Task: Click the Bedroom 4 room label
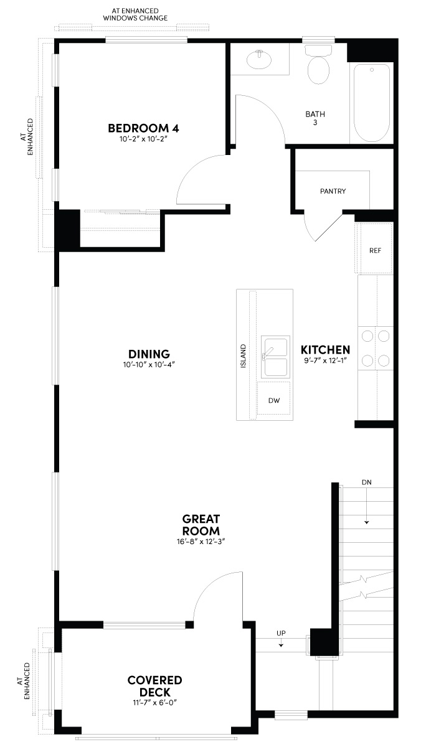click(x=143, y=128)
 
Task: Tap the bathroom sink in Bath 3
click(x=259, y=60)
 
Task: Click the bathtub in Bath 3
click(x=372, y=103)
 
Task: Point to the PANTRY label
click(x=333, y=191)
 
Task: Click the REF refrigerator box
click(x=375, y=250)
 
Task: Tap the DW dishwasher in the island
click(x=274, y=401)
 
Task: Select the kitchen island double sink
click(x=275, y=357)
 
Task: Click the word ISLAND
click(x=244, y=355)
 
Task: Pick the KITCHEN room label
click(x=325, y=350)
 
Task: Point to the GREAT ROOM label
click(x=201, y=525)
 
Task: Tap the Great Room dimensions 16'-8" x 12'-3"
click(x=201, y=542)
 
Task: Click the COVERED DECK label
click(x=154, y=686)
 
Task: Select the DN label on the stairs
click(x=367, y=482)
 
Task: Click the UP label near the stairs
click(x=281, y=633)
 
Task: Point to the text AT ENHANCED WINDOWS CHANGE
click(x=135, y=15)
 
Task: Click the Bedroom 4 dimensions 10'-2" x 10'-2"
click(x=143, y=140)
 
